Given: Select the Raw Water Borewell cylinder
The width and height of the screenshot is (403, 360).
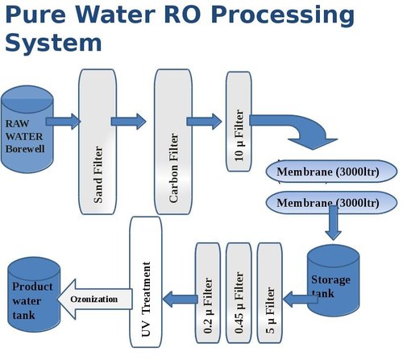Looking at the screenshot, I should tap(26, 133).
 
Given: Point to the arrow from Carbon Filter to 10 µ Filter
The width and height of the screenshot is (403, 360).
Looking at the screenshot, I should tap(204, 122).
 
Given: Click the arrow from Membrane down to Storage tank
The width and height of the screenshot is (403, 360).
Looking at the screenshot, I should tap(331, 225).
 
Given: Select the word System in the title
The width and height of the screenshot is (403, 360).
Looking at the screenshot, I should tap(53, 42).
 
